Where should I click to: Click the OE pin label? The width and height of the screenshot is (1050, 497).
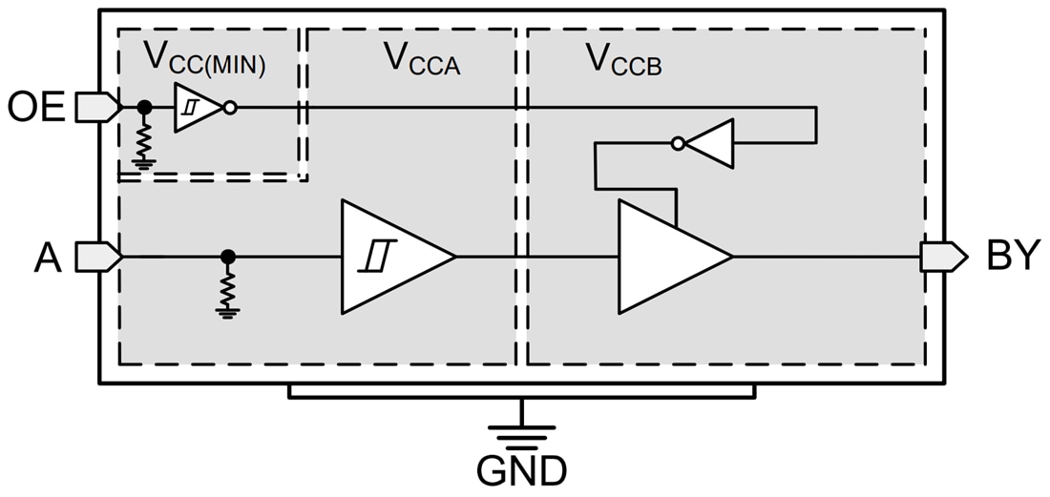coord(36,107)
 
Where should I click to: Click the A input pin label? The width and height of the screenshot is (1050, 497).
coord(48,257)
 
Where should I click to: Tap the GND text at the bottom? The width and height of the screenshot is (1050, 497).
coord(521,470)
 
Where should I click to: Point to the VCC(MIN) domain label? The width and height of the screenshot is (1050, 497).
coord(204,59)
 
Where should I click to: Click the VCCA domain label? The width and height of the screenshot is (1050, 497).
coord(421,59)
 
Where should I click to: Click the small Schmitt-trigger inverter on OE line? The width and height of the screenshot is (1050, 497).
coord(196,108)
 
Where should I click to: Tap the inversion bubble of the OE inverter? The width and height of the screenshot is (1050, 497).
coord(229,108)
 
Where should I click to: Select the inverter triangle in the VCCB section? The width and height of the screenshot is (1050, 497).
coord(712,144)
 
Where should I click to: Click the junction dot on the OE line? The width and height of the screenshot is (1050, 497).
coord(144,108)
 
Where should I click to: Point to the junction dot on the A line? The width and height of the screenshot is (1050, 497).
coord(227,257)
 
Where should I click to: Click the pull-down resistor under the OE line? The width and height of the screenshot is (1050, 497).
coord(144,142)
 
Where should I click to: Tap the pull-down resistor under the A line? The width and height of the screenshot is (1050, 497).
coord(227,289)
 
